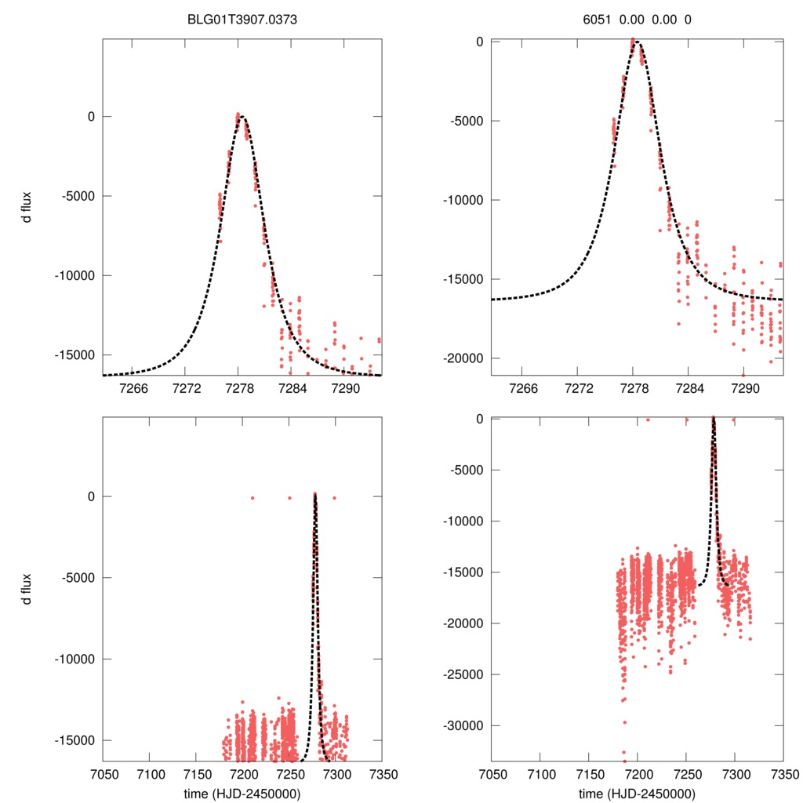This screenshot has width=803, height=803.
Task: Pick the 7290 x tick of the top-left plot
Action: pyautogui.click(x=346, y=389)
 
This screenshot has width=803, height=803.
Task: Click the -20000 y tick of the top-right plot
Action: pyautogui.click(x=466, y=358)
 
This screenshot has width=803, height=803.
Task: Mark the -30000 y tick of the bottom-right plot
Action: pyautogui.click(x=466, y=725)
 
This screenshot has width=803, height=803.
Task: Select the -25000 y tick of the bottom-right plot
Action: pyautogui.click(x=466, y=674)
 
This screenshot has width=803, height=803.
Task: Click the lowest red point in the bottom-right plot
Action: pyautogui.click(x=624, y=760)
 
